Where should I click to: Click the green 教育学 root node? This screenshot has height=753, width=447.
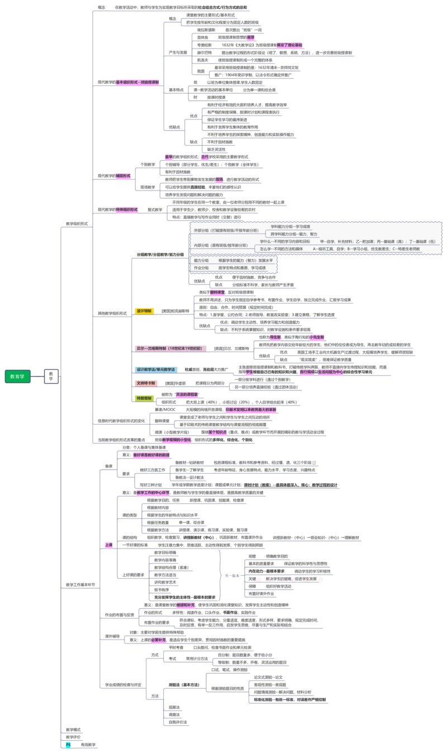pyautogui.click(x=18, y=376)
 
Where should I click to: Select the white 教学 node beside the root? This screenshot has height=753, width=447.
pyautogui.click(x=51, y=376)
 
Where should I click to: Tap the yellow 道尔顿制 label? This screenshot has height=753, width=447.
pyautogui.click(x=144, y=311)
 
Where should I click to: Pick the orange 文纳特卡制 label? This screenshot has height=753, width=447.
pyautogui.click(x=147, y=383)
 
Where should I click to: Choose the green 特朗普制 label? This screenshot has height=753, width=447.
pyautogui.click(x=144, y=397)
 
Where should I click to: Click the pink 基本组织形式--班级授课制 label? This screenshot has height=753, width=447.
pyautogui.click(x=138, y=82)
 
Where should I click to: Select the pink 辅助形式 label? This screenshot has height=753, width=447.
pyautogui.click(x=123, y=175)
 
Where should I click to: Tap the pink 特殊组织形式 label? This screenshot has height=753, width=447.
pyautogui.click(x=127, y=209)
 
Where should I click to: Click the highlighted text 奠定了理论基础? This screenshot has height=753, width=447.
pyautogui.click(x=289, y=45)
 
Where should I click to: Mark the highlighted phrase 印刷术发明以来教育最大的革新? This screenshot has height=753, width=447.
pyautogui.click(x=251, y=411)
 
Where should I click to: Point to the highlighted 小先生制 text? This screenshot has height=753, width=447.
pyautogui.click(x=317, y=337)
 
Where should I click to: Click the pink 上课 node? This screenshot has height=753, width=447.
pyautogui.click(x=108, y=545)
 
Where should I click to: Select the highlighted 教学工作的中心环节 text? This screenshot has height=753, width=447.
pyautogui.click(x=153, y=493)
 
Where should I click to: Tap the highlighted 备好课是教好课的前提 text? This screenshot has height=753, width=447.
pyautogui.click(x=151, y=455)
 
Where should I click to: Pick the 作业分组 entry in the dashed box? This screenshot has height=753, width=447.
pyautogui.click(x=201, y=268)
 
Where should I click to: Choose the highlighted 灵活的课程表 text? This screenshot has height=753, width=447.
pyautogui.click(x=187, y=394)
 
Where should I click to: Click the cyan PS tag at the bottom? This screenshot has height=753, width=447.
pyautogui.click(x=68, y=745)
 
